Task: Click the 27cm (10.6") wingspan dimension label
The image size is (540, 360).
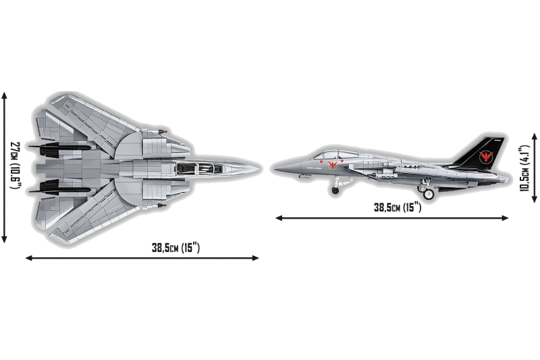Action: click(x=16, y=165)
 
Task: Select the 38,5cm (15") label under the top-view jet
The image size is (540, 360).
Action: click(x=175, y=248)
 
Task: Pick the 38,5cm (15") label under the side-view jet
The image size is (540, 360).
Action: click(x=398, y=207)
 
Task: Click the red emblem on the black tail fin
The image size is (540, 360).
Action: click(x=485, y=157)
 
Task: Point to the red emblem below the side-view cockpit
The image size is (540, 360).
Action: click(x=332, y=164)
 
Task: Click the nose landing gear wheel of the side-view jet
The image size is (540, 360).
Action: click(x=335, y=190)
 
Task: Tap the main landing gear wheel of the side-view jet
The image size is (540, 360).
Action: click(x=428, y=195)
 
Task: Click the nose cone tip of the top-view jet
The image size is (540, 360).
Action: click(x=259, y=168)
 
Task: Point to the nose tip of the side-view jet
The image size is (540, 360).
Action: click(x=275, y=169)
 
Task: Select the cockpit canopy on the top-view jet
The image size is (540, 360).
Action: click(x=200, y=168)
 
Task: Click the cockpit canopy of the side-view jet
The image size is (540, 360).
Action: click(x=330, y=155)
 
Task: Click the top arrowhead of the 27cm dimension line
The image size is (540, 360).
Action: click(x=4, y=95)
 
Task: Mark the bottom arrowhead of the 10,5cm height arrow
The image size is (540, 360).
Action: click(x=535, y=199)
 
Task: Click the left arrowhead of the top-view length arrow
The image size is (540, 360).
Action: click(x=29, y=258)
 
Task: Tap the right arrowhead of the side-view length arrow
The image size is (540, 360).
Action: click(x=505, y=217)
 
